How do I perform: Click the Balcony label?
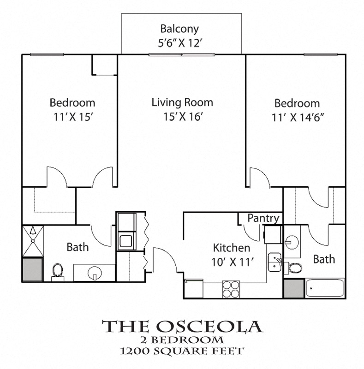click(x=180, y=29)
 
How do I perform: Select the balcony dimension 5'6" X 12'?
click(x=180, y=43)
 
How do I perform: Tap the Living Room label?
click(x=182, y=102)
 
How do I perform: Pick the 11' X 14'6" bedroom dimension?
click(x=297, y=117)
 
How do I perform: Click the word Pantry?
click(x=263, y=218)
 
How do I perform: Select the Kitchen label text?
click(x=231, y=248)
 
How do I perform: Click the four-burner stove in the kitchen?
click(x=231, y=289)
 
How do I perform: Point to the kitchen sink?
click(x=275, y=262)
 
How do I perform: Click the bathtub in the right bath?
click(x=325, y=288)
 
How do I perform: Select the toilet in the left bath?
click(x=58, y=270)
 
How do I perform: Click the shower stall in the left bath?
click(x=32, y=240)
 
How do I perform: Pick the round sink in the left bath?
click(x=95, y=272)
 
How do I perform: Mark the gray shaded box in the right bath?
click(x=293, y=288)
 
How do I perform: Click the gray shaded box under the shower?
click(x=32, y=269)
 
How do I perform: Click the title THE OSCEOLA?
click(x=182, y=326)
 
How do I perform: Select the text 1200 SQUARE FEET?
click(x=182, y=351)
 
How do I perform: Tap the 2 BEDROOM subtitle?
click(x=182, y=340)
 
